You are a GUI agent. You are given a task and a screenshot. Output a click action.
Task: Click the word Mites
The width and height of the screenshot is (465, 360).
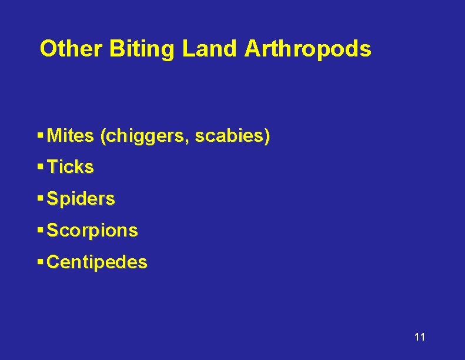70,136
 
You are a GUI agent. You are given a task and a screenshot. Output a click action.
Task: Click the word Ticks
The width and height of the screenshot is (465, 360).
70,167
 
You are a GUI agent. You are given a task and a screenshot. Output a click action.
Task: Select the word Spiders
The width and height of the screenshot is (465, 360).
81,199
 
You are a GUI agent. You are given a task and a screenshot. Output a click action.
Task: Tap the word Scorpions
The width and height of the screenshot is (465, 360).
92,231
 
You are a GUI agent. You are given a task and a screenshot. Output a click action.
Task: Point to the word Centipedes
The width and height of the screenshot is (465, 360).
97,262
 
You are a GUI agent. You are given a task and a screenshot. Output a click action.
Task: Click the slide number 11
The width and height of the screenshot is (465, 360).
419,337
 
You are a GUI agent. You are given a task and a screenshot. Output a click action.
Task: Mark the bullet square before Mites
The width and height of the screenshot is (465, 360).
40,135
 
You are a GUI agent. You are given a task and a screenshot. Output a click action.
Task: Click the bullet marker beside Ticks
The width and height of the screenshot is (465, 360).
40,166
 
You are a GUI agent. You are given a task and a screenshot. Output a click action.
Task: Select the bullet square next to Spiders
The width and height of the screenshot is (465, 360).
40,198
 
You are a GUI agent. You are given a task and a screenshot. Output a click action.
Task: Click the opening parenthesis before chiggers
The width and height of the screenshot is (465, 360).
103,136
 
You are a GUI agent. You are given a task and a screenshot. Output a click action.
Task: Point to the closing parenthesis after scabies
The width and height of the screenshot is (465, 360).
267,136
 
